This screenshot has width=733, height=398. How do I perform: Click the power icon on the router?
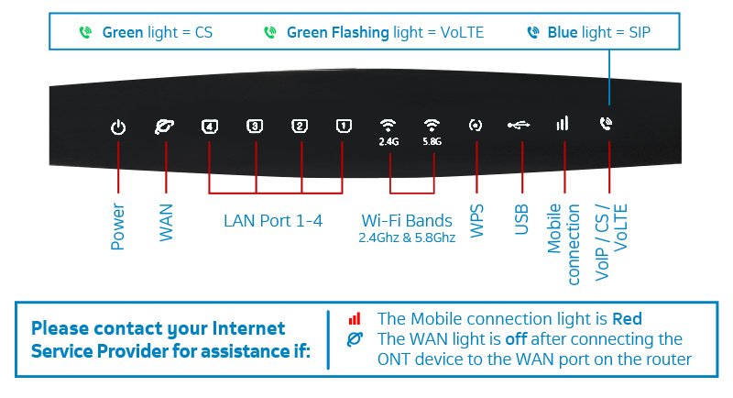tap(118, 127)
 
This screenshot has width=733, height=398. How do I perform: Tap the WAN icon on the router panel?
tap(165, 127)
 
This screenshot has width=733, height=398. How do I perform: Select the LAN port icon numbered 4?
tap(210, 127)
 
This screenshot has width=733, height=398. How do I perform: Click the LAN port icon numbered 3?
tap(255, 127)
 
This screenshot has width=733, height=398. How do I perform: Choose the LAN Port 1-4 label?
tap(273, 221)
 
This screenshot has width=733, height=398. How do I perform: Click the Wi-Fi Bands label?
tap(407, 221)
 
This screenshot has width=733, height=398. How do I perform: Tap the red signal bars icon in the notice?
tap(354, 319)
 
